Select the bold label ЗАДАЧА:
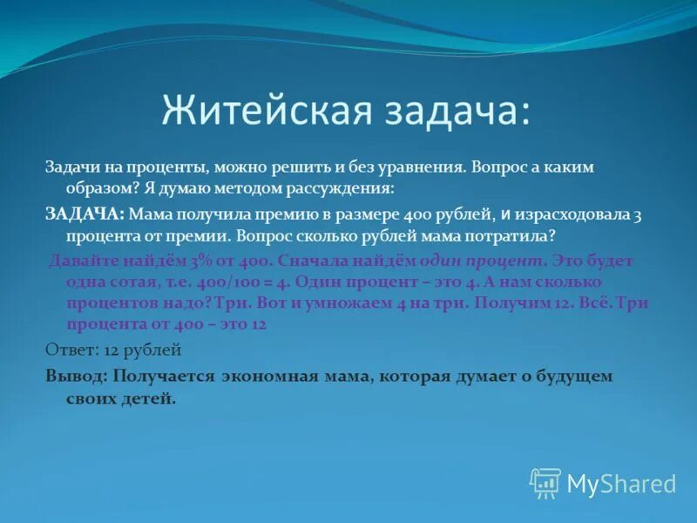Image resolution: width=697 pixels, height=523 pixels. (x=85, y=213)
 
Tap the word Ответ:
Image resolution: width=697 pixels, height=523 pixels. (x=68, y=350)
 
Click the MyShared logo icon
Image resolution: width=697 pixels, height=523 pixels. (x=545, y=483)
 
